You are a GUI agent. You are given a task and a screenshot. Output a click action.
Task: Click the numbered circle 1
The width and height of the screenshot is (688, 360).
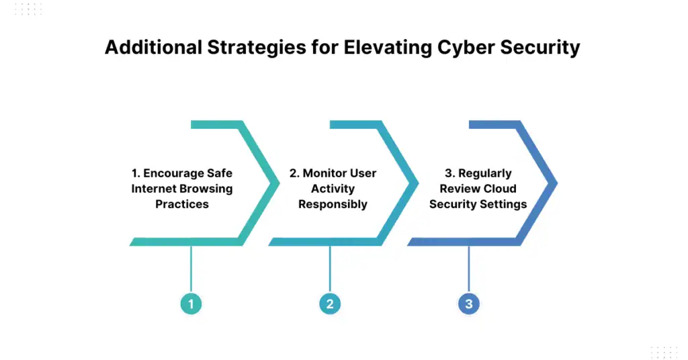[191, 304]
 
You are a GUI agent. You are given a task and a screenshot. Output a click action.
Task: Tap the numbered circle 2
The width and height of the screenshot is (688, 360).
[330, 304]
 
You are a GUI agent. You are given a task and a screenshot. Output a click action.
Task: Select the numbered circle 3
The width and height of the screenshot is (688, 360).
[468, 304]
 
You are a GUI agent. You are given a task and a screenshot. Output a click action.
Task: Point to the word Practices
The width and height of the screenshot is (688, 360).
[182, 204]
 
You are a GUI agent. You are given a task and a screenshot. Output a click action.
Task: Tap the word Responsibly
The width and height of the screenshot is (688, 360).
[333, 204]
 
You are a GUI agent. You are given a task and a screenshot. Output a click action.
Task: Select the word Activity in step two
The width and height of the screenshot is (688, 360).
[333, 189]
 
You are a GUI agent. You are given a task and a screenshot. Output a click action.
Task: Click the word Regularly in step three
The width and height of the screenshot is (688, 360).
[484, 173]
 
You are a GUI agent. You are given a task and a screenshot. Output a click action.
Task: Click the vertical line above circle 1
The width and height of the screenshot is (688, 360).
[191, 269]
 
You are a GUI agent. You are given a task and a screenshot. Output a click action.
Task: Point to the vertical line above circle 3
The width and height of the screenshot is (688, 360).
[468, 269]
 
